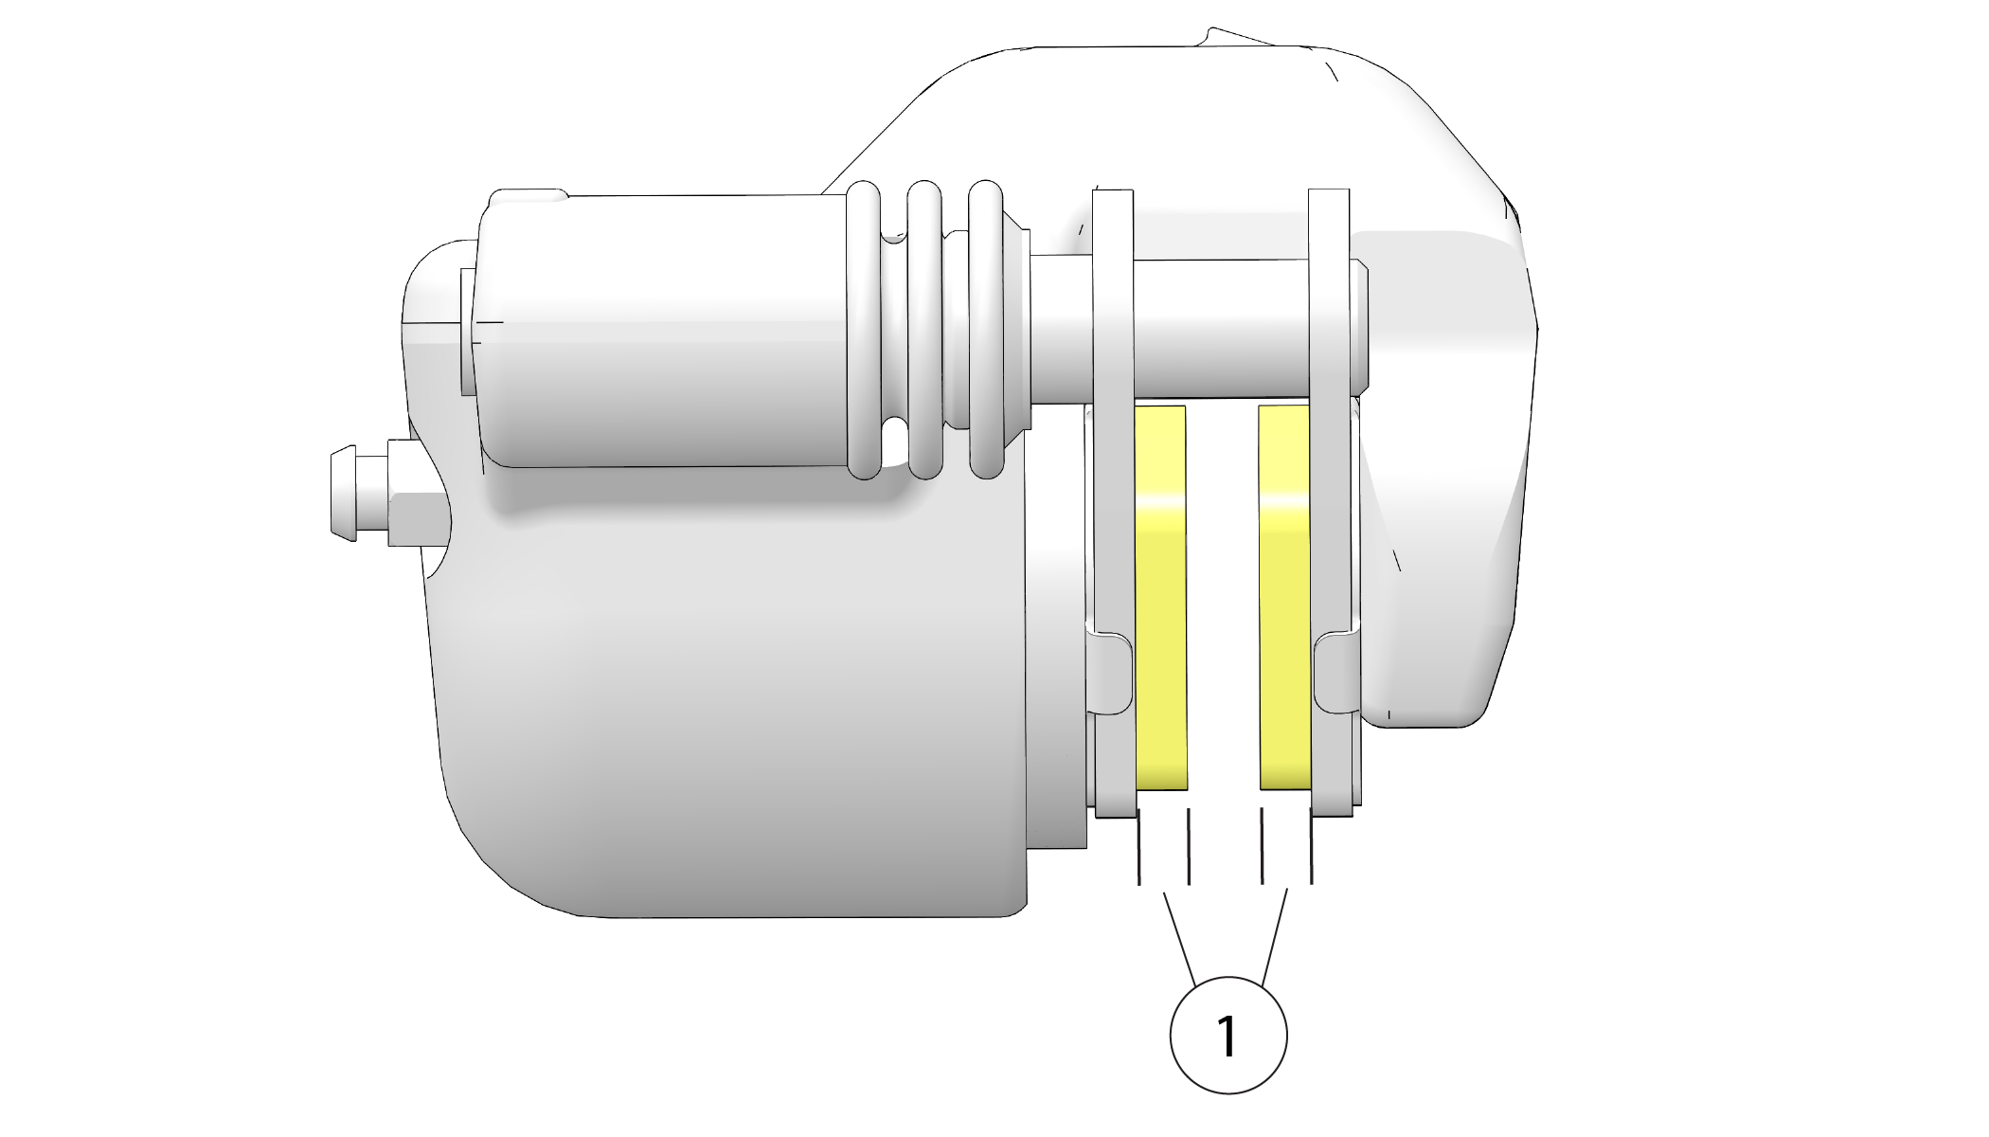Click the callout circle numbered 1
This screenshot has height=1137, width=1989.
(x=1228, y=1035)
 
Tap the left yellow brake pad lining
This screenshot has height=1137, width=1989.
(x=1160, y=597)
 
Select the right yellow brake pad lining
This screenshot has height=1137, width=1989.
(x=1285, y=597)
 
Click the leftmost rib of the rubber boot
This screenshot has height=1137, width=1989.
(x=863, y=329)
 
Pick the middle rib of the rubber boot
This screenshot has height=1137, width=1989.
(x=924, y=329)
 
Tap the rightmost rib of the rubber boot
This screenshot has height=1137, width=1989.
(x=986, y=329)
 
